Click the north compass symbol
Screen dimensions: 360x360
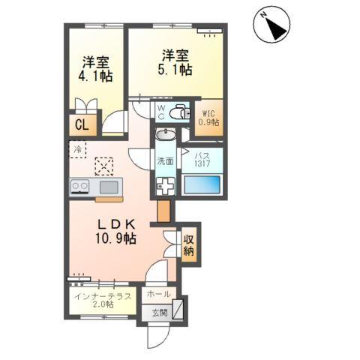pos(271,24)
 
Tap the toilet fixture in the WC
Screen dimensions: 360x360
pos(179,112)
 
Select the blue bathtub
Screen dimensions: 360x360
pos(202,184)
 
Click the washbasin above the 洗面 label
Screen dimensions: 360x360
pos(166,135)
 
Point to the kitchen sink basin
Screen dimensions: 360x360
pos(109,187)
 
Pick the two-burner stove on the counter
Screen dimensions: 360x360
pos(79,187)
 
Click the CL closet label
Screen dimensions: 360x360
pos(82,124)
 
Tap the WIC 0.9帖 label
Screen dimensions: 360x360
pos(208,118)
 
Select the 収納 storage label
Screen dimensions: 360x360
pos(189,245)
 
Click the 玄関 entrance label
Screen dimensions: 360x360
pos(160,313)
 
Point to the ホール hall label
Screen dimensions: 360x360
pos(159,294)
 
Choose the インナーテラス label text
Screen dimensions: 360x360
pos(103,296)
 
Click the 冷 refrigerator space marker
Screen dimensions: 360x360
pos(78,150)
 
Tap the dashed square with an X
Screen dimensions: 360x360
pos(103,166)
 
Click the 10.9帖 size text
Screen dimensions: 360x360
pos(115,238)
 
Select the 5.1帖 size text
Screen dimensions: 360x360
pos(175,70)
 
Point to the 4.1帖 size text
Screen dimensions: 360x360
pos(95,76)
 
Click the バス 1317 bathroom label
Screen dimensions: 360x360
pos(202,160)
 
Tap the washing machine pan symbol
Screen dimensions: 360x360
pos(165,186)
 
